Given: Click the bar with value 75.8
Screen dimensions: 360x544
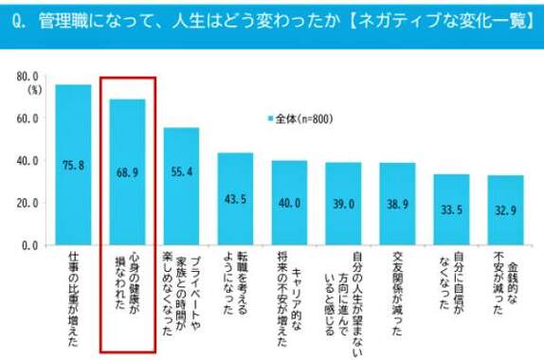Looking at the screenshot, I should tap(73, 165).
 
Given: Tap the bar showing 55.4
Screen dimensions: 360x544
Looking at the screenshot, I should tap(181, 187).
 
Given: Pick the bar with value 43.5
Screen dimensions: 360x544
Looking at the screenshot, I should tap(235, 199).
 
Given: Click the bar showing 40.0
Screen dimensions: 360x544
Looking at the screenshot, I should tap(289, 203).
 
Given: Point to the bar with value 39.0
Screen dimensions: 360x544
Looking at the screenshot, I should tap(343, 204).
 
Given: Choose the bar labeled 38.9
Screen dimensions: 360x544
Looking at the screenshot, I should tap(397, 204).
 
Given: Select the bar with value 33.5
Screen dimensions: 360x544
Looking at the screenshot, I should tap(451, 209).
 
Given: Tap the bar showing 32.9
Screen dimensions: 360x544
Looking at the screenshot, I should tap(505, 210).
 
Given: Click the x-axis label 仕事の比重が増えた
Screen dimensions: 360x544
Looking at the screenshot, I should tap(73, 290).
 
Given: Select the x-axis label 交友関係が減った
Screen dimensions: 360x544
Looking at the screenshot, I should tap(397, 290).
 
